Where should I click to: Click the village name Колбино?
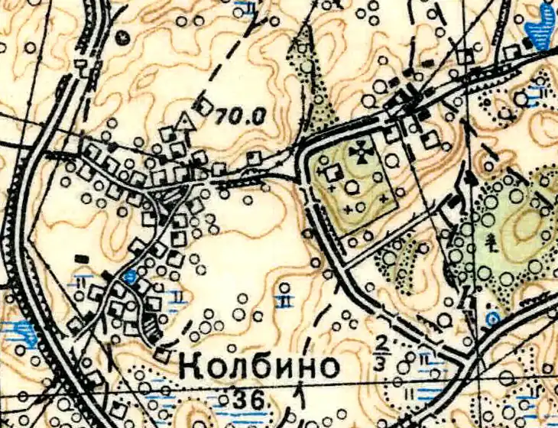tap(260, 367)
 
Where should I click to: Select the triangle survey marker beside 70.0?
tap(183, 121)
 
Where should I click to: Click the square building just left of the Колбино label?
tap(162, 355)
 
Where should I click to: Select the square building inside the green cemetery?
tap(333, 173)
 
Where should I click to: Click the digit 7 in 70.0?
tap(220, 116)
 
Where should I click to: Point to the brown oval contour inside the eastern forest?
tap(527, 226)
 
